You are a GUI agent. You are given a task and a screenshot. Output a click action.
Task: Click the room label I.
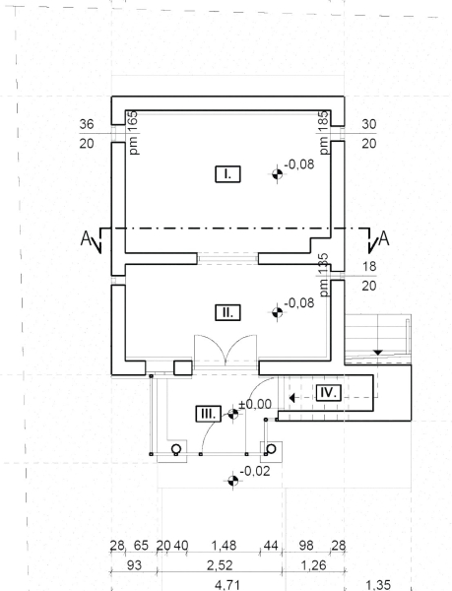click(227, 174)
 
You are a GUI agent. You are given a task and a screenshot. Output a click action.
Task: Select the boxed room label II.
click(227, 313)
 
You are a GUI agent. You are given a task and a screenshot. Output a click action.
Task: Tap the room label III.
click(209, 414)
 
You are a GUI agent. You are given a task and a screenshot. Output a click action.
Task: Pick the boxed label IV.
click(329, 393)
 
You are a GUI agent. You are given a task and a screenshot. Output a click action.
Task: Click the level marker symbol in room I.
click(278, 174)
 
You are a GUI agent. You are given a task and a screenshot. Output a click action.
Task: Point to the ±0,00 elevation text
click(255, 404)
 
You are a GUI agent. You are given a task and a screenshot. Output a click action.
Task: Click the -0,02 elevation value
click(255, 471)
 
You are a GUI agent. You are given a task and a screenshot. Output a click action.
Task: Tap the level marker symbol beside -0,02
click(232, 481)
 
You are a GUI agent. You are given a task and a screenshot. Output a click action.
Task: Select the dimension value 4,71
click(227, 585)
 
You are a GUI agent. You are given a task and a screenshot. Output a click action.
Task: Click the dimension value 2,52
click(220, 565)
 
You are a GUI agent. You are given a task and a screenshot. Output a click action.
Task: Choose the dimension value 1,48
click(224, 546)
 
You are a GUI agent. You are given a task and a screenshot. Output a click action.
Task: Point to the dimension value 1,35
click(378, 585)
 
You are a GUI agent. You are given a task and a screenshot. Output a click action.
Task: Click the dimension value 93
click(135, 565)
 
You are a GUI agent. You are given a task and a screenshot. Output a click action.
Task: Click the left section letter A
click(86, 239)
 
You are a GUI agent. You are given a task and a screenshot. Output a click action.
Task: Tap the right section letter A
click(383, 239)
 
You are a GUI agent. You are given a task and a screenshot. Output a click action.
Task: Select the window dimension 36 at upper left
click(87, 124)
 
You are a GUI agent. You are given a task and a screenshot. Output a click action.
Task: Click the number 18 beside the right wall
click(369, 267)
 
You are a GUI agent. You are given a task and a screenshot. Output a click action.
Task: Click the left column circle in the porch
click(176, 449)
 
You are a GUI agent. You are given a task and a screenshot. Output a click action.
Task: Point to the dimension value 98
click(306, 546)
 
